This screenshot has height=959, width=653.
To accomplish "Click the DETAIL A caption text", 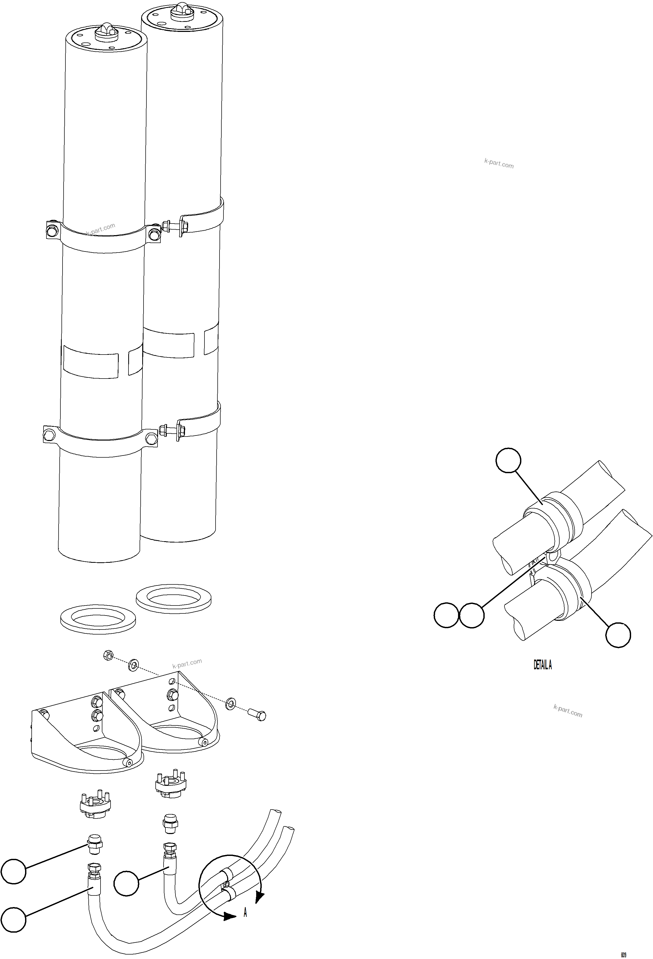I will [x=542, y=665].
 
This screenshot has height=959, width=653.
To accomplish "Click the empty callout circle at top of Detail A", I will [x=508, y=460].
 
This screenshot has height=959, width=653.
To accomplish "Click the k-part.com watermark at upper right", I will [x=499, y=163].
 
